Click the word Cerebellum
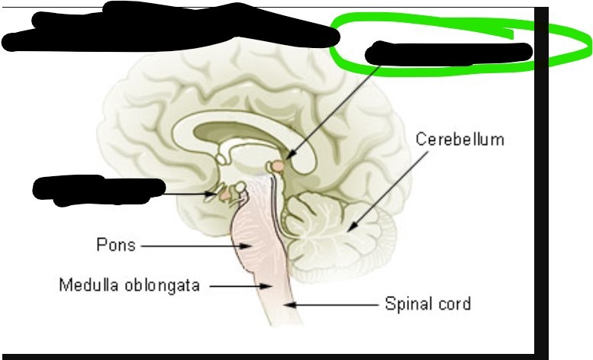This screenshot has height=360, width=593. [459, 140]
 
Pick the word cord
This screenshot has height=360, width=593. [456, 304]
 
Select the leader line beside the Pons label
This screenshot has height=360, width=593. [191, 246]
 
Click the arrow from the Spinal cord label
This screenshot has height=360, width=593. [336, 304]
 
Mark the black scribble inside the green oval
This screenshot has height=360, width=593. [449, 53]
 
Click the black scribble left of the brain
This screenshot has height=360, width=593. [98, 188]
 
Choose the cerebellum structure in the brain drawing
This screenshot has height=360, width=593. [343, 229]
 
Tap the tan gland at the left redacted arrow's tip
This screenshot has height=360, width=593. [225, 195]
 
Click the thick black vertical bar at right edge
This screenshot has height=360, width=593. [541, 183]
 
